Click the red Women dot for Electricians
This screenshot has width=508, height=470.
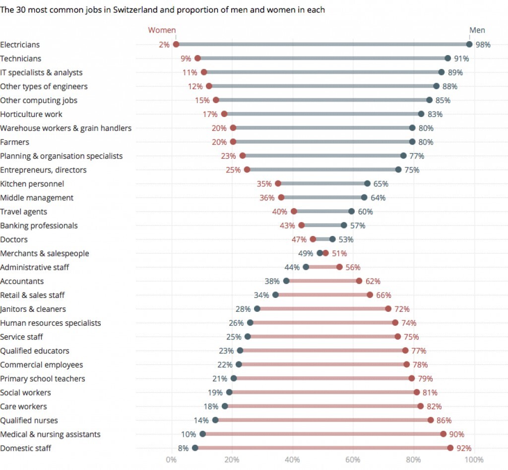click(x=176, y=45)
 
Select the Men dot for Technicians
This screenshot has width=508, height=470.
click(x=448, y=59)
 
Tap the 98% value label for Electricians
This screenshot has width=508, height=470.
click(x=483, y=45)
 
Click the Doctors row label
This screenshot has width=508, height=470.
click(x=14, y=239)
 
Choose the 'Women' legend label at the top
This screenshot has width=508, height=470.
click(x=162, y=30)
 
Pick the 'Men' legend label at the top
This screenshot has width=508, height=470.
click(x=477, y=30)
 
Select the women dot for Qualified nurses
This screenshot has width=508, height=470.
click(x=431, y=420)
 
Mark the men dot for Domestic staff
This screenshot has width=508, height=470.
click(x=195, y=448)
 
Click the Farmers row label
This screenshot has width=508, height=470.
click(x=14, y=142)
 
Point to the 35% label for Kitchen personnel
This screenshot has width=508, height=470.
click(x=264, y=184)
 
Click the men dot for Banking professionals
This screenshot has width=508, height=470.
click(x=344, y=226)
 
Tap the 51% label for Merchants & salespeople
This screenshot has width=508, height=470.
click(x=339, y=253)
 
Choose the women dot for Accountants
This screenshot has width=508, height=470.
click(x=359, y=281)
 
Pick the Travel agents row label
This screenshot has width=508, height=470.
click(x=23, y=212)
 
